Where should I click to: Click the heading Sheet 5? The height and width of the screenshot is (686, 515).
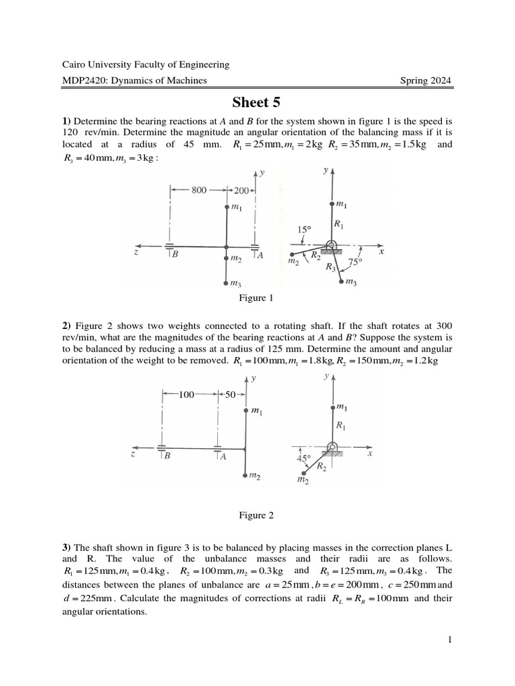(256, 102)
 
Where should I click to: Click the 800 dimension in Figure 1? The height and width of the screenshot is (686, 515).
(198, 190)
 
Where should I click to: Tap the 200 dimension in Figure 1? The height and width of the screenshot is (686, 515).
(241, 190)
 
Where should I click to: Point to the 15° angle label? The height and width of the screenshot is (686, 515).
(304, 229)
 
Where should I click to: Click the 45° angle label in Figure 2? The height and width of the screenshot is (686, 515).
(304, 459)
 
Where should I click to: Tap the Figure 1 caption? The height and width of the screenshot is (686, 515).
(257, 298)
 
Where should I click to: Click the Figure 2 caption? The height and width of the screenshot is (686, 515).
(257, 515)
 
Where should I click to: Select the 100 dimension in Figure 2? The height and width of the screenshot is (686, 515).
(186, 395)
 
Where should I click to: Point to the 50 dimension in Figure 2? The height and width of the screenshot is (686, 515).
(231, 395)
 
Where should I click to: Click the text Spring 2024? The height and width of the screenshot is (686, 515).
(426, 81)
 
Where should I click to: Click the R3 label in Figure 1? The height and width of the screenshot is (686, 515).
(331, 267)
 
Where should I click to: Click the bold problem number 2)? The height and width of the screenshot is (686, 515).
(66, 325)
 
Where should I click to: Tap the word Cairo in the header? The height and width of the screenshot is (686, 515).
(74, 65)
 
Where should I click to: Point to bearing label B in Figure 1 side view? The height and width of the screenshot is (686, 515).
(174, 255)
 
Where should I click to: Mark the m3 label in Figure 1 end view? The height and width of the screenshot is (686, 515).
(350, 283)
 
